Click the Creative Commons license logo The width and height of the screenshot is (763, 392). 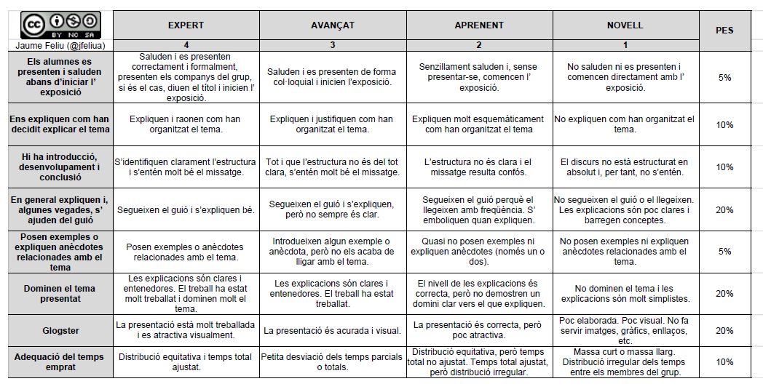[x=60, y=25]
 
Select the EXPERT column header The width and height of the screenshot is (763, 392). [x=186, y=25]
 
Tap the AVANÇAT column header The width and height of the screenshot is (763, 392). [x=332, y=25]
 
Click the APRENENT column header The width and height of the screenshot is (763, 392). [x=479, y=25]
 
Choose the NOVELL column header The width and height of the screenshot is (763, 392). [x=625, y=25]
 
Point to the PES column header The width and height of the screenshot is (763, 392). [x=724, y=31]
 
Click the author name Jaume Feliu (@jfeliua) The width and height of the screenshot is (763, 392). [x=60, y=45]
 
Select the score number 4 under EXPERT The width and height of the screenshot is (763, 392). [x=186, y=45]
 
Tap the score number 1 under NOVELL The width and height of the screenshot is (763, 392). [x=625, y=45]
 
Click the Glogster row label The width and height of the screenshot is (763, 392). [x=60, y=330]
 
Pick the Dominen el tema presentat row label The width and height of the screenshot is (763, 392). [x=60, y=294]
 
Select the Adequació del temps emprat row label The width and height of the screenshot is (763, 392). [x=60, y=361]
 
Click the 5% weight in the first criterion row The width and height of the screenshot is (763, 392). [x=724, y=77]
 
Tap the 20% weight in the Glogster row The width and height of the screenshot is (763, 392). [x=724, y=330]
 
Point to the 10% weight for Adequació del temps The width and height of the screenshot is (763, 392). [x=724, y=361]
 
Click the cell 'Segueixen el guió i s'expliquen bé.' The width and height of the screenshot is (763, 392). [x=186, y=210]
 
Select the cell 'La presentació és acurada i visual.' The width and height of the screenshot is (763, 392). [x=332, y=330]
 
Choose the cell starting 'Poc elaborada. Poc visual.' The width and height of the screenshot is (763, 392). [x=625, y=330]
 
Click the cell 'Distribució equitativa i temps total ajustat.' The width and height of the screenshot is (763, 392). [x=186, y=361]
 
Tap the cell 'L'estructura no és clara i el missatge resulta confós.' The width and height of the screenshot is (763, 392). [x=479, y=167]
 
